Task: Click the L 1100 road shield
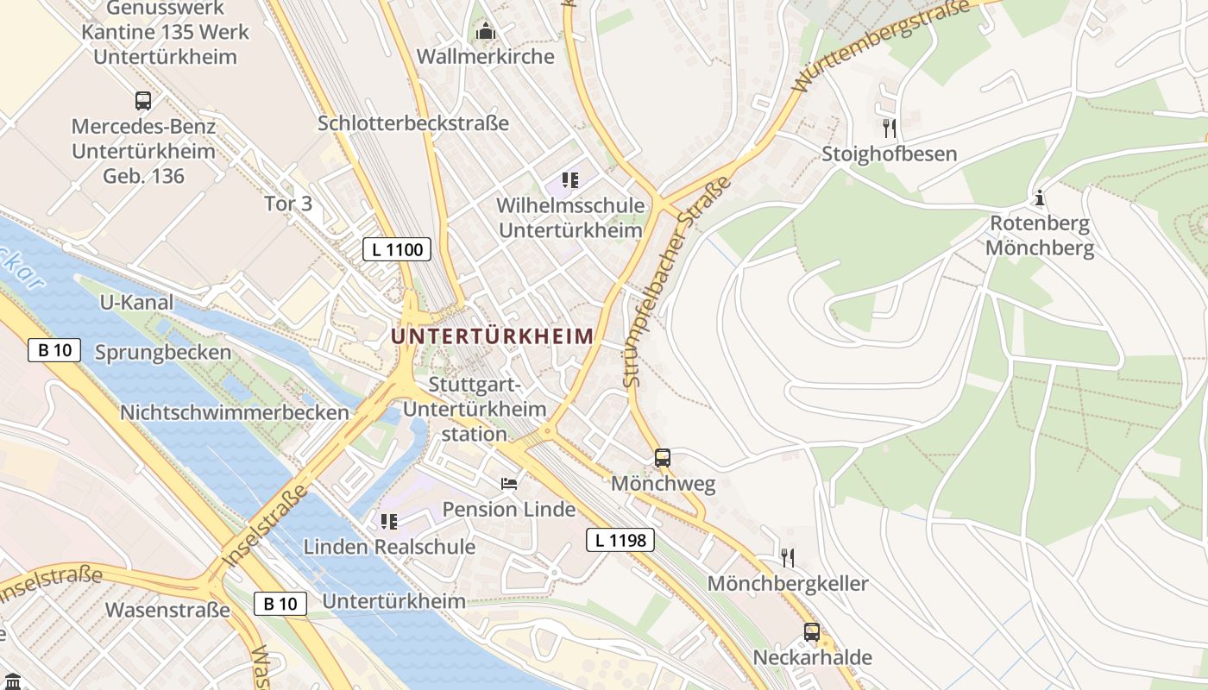point(396,250)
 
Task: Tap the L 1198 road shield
point(620,541)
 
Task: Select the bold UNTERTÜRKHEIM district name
point(493,336)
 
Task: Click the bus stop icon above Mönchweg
point(663,458)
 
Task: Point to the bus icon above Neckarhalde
point(812,631)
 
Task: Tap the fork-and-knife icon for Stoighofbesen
point(889,129)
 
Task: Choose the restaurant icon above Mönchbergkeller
point(787,557)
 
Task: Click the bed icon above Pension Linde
point(509,483)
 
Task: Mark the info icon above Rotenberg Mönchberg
point(1040,198)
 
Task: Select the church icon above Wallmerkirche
point(486,32)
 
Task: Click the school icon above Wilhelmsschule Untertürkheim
point(569,180)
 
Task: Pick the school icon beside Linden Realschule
point(388,521)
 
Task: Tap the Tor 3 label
point(288,204)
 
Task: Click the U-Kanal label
point(136,303)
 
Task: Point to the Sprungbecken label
point(163,352)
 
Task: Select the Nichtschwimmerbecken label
point(235,412)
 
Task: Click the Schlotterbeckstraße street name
point(413,123)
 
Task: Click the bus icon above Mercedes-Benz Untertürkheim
point(143,101)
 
